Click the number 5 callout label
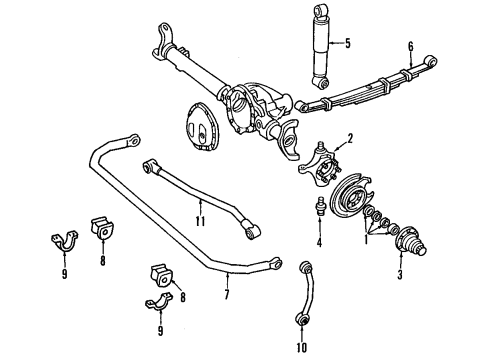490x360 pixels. pos(349,43)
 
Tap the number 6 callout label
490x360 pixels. pos(411,46)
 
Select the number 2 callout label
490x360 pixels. pos(349,139)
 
